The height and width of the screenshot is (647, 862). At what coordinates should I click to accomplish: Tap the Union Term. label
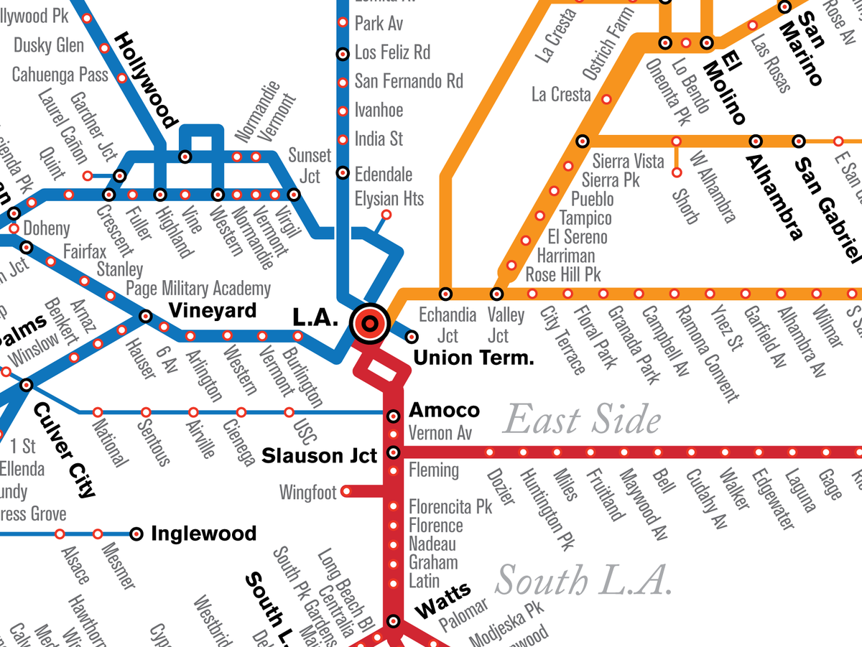pos(474,358)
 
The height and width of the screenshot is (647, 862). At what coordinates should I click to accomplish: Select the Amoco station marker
pos(393,416)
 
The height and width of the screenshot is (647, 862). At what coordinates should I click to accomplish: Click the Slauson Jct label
pos(319,456)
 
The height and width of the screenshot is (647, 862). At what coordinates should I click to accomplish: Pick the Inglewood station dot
pos(136,534)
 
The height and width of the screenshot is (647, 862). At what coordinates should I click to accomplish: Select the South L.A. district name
pos(583,580)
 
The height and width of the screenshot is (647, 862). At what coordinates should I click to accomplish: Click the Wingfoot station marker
pos(346,492)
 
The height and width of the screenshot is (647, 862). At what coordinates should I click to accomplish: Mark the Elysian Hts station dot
pos(386,214)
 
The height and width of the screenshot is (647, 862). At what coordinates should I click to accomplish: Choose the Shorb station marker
pos(676,172)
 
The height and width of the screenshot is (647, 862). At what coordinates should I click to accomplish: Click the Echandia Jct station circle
pos(446,294)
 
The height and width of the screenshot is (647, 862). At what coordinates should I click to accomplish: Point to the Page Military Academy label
pos(198,289)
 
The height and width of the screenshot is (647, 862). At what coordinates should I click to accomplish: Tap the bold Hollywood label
pos(147,79)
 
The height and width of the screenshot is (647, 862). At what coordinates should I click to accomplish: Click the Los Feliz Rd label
pos(392,52)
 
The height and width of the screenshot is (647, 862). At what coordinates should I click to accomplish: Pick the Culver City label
pos(64,450)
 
